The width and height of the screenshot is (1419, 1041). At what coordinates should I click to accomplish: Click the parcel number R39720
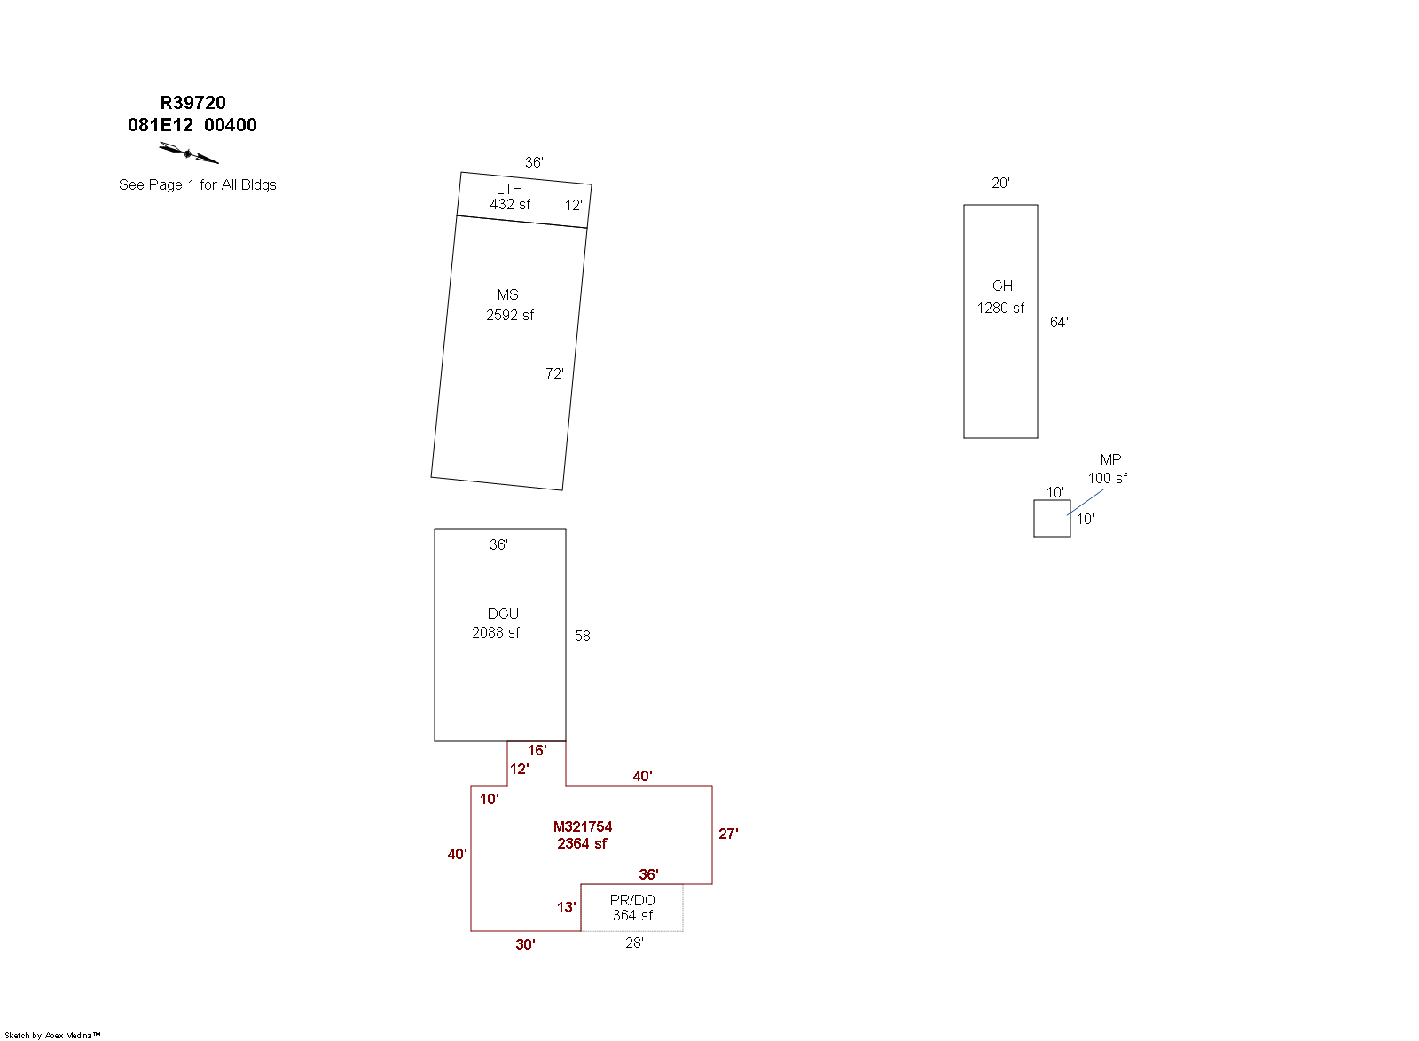pos(192,103)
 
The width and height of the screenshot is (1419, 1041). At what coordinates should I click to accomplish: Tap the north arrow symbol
pos(188,153)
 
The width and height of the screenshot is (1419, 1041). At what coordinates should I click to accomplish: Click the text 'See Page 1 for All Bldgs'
pos(198,185)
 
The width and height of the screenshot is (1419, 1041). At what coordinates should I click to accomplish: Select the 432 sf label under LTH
pos(510,205)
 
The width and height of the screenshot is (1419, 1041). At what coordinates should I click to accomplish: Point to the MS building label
pos(508,295)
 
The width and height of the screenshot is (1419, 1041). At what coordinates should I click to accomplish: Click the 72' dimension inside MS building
pos(554,373)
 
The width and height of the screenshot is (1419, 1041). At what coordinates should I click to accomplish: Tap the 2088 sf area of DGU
pos(496,632)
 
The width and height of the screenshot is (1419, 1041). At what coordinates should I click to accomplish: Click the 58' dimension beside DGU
pos(584,636)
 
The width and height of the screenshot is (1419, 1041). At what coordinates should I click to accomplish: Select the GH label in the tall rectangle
pos(1002,286)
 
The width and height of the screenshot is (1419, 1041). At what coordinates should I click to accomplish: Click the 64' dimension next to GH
pos(1059,322)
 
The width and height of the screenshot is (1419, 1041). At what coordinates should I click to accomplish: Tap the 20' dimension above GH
pos(1000,183)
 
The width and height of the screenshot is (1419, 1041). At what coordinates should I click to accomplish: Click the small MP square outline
pos(1052,501)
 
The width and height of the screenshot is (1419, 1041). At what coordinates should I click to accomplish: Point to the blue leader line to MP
pos(1086,502)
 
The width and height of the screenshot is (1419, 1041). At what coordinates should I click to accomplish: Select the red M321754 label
pos(583,826)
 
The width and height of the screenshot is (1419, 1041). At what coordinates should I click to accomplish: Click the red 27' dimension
pos(728,834)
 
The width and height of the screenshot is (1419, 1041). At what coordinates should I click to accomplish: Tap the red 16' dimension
pos(537,750)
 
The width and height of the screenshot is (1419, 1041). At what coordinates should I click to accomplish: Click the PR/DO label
pos(632,900)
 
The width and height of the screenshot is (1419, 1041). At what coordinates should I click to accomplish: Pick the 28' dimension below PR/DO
pos(634,943)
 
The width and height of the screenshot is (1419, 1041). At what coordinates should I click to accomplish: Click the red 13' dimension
pos(567,907)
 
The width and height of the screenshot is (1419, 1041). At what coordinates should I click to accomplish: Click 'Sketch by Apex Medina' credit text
pos(52,1036)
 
